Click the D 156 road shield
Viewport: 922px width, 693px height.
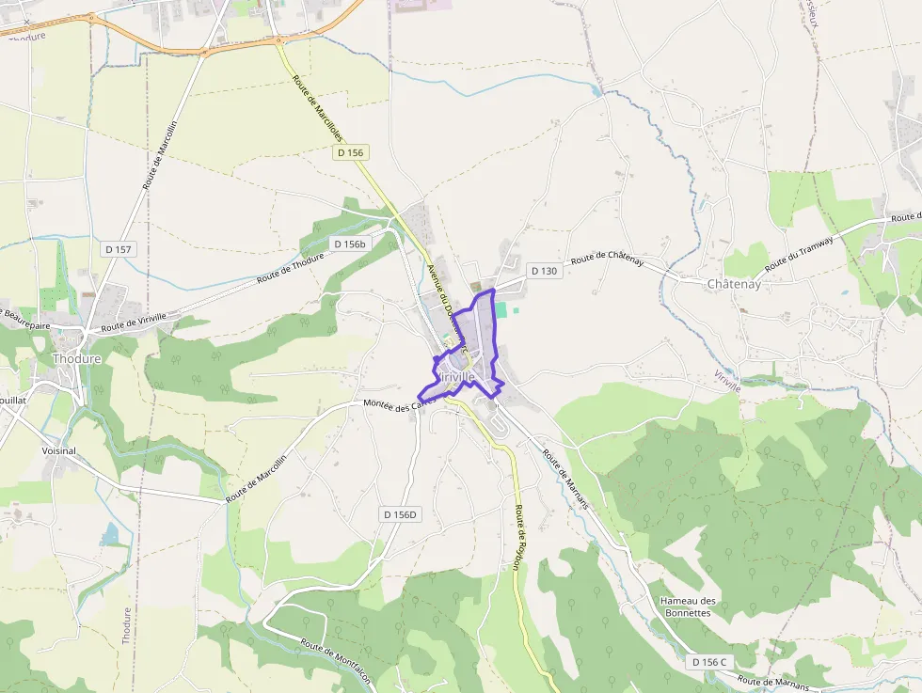(350, 152)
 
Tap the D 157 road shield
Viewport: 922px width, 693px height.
(119, 249)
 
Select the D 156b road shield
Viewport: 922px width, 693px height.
(350, 244)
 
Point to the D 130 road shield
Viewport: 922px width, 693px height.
(544, 271)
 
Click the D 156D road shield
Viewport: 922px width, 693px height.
(400, 514)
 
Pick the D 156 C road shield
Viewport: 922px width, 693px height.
(709, 662)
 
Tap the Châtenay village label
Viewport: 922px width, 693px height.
(734, 283)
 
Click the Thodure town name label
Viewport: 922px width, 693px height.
(76, 359)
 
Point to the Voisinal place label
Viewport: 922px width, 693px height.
(59, 451)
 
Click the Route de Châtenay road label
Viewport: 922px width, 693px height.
(607, 258)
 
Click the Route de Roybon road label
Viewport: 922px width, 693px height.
(517, 537)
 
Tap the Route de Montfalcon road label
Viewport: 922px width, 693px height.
(338, 658)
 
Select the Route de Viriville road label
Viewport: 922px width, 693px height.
(134, 323)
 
